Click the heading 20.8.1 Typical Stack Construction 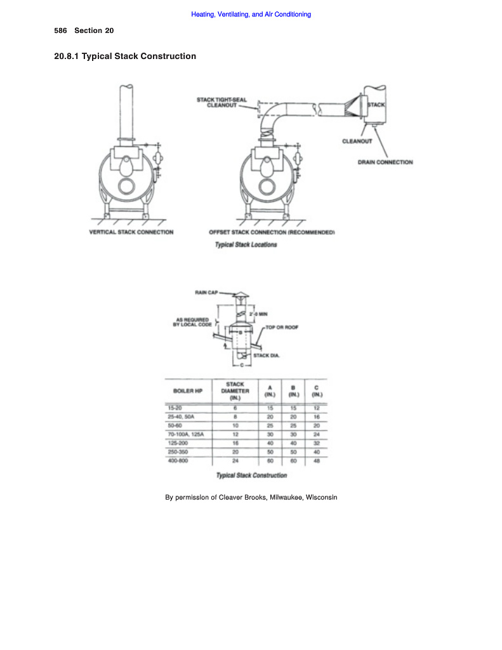point(125,56)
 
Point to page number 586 point(60,30)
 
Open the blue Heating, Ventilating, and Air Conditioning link point(251,14)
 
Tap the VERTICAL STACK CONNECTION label point(131,232)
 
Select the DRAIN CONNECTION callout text point(385,162)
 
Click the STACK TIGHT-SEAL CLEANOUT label point(221,102)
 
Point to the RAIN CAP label point(206,292)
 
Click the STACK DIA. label point(267,355)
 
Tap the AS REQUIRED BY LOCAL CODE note point(192,322)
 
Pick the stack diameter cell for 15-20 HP point(235,407)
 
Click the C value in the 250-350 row point(316,451)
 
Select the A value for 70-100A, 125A point(270,434)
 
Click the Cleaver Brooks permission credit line point(251,497)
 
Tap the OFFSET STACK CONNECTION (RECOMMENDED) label point(272,232)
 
